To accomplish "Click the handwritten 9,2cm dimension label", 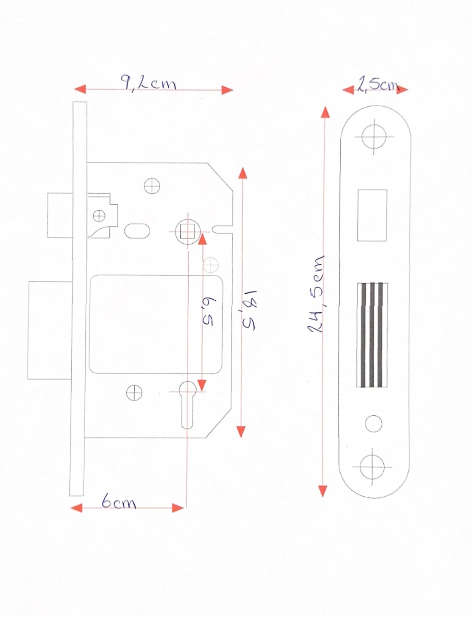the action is click(148, 83).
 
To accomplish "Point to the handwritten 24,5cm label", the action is click(317, 294).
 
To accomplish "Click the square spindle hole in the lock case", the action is click(187, 232).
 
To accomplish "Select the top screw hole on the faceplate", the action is click(374, 137).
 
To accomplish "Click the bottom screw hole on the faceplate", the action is click(372, 467).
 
